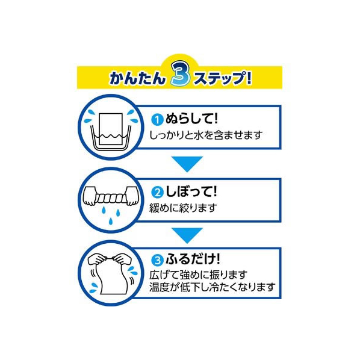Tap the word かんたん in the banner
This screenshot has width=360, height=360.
point(137,78)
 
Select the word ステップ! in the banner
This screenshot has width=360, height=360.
point(223,78)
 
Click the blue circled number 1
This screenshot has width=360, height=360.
point(157,120)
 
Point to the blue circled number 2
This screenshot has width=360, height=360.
point(157,193)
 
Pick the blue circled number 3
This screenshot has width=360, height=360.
point(157,260)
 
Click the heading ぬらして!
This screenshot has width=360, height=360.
point(191,119)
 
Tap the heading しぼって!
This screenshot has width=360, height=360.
point(191,191)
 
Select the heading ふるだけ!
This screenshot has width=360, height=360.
point(193,259)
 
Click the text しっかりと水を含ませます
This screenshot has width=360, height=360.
point(206,135)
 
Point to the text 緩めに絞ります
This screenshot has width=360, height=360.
point(183,208)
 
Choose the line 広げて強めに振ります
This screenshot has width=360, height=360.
point(198,275)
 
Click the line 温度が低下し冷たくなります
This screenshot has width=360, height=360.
point(213,287)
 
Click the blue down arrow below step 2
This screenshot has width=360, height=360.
point(187,235)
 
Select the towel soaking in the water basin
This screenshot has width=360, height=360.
point(111,129)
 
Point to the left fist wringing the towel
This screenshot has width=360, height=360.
point(90,196)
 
